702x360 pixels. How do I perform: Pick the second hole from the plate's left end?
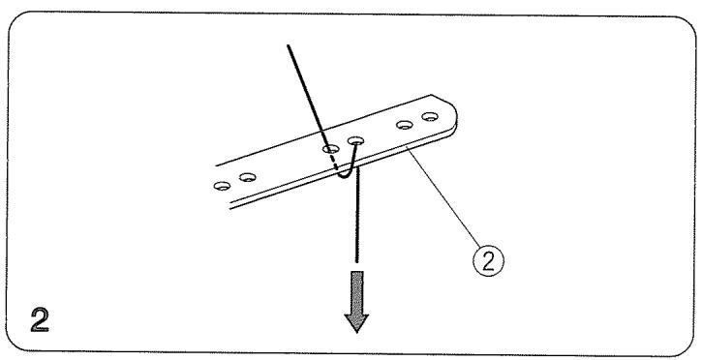click(249, 177)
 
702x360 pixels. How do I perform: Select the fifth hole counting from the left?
click(406, 126)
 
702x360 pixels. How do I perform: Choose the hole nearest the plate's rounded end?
click(430, 118)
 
